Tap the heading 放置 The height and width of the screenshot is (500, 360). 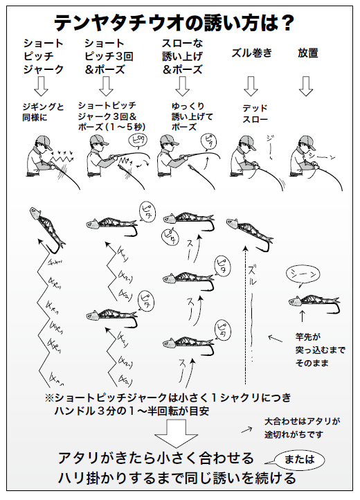(307, 53)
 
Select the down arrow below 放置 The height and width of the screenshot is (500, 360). (306, 86)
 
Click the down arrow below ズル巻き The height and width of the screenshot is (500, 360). (251, 86)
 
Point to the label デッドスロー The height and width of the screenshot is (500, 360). (255, 113)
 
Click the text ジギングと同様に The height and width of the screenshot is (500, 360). (43, 113)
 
